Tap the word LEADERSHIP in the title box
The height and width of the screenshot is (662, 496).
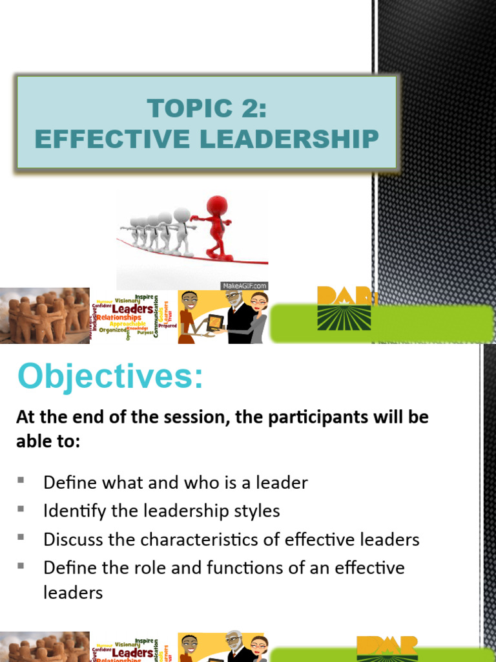click(291, 138)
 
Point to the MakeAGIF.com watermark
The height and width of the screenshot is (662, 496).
click(243, 285)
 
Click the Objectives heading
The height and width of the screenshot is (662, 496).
click(110, 376)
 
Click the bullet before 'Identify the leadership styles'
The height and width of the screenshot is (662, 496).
click(21, 509)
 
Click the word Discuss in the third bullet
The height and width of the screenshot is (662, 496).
click(72, 539)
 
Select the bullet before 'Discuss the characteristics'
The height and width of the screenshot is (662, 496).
click(21, 537)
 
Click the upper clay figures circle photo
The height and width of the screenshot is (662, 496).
click(45, 315)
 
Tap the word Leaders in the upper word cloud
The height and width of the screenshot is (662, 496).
click(133, 309)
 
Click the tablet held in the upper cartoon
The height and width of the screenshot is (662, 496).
click(216, 321)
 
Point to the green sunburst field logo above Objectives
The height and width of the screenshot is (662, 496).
click(344, 317)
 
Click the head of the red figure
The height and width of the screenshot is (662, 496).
click(217, 206)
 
